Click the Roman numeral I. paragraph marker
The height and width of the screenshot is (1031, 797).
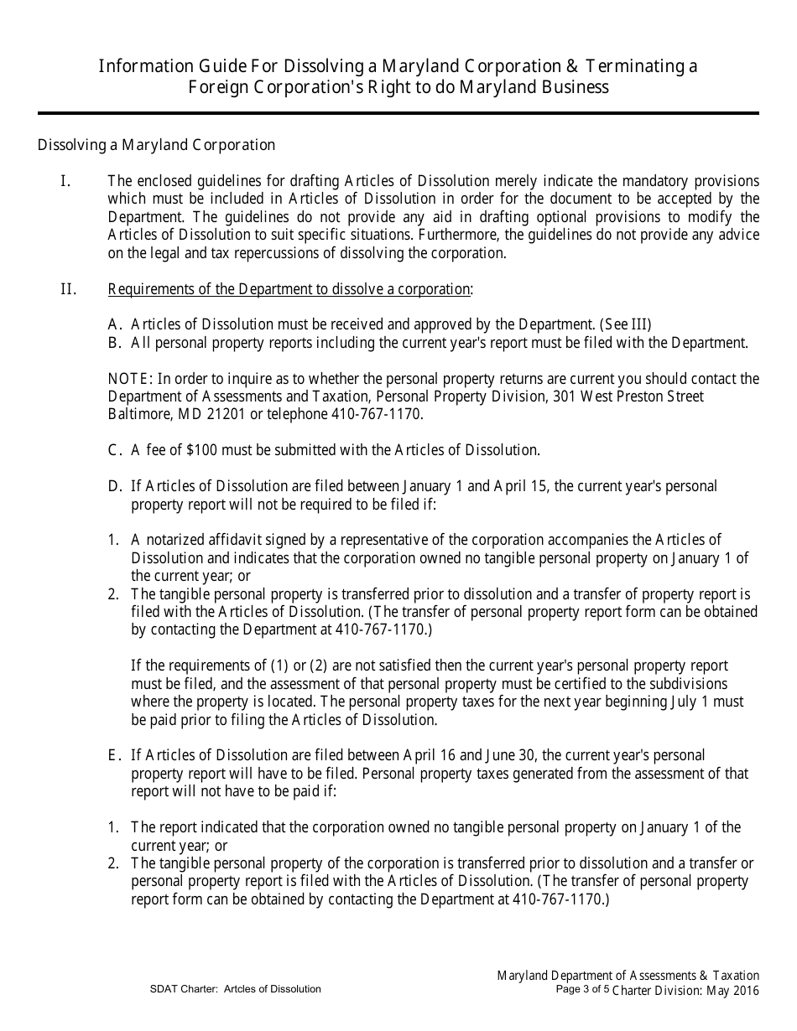pos(65,181)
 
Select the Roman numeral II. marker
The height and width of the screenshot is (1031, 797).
pos(69,290)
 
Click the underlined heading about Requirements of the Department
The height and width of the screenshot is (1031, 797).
pos(289,290)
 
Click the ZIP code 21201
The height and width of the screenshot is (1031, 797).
pos(216,414)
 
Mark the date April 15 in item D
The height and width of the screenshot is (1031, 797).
pos(518,487)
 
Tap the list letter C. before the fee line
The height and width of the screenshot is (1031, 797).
pos(116,450)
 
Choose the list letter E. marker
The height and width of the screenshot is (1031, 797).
pos(116,755)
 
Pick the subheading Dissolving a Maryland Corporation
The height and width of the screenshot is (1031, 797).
pos(156,145)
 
